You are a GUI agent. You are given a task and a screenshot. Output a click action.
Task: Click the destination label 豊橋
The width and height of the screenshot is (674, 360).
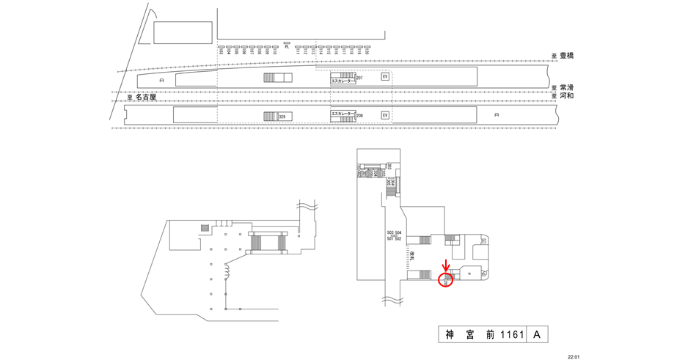click(566, 56)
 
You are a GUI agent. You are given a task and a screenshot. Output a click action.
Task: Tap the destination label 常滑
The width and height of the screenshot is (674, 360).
click(566, 87)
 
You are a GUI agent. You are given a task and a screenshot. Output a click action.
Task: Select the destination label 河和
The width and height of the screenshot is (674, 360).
click(566, 95)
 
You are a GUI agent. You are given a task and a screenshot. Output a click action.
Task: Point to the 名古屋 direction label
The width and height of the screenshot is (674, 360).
click(146, 96)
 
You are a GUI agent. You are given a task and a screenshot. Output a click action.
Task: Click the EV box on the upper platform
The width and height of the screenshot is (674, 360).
click(384, 76)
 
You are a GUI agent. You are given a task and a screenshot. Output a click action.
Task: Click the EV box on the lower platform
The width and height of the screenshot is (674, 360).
click(384, 115)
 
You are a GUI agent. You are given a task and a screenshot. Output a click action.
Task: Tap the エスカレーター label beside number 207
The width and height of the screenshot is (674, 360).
click(343, 81)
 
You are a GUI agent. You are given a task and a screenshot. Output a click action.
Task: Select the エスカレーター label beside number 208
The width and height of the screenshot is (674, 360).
click(343, 114)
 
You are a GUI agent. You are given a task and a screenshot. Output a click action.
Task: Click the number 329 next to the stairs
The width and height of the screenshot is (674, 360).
click(282, 117)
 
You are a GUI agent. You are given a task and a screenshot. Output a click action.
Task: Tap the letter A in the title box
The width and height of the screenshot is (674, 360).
click(536, 335)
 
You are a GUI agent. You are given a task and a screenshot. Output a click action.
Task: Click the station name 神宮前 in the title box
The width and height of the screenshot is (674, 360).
click(469, 335)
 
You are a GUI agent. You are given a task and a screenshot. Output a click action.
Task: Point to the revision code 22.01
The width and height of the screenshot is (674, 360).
click(574, 356)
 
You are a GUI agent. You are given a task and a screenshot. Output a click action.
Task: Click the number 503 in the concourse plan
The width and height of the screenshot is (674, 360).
click(390, 233)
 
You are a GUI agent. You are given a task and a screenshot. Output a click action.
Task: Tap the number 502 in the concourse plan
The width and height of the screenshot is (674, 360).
click(398, 239)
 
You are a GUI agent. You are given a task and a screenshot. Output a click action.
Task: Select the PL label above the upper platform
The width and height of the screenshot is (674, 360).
click(287, 45)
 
